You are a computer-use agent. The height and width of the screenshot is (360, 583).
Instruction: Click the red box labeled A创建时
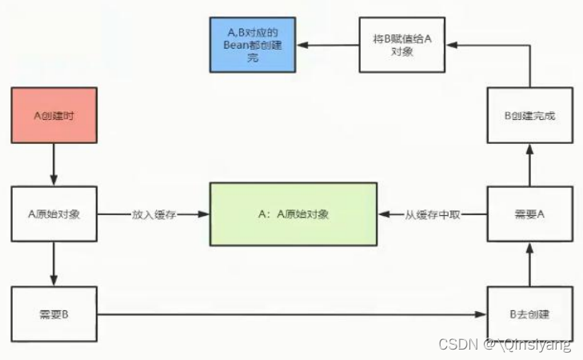(54, 115)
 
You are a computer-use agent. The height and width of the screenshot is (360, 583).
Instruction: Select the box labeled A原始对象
(54, 214)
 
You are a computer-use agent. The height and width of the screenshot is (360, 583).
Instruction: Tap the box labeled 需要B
(54, 314)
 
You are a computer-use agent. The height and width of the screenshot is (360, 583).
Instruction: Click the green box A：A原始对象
(293, 214)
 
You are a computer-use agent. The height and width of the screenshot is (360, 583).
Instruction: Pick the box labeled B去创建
(530, 314)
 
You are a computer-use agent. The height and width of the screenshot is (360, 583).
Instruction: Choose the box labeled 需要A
(530, 214)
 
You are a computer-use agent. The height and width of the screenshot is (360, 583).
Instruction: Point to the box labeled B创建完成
(530, 115)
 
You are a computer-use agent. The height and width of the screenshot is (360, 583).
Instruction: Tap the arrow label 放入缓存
(154, 214)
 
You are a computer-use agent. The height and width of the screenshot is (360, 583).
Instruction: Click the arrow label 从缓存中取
(432, 214)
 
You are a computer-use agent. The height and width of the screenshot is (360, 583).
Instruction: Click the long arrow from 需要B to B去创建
(292, 314)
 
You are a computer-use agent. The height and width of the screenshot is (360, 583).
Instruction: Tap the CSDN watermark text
(505, 345)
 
